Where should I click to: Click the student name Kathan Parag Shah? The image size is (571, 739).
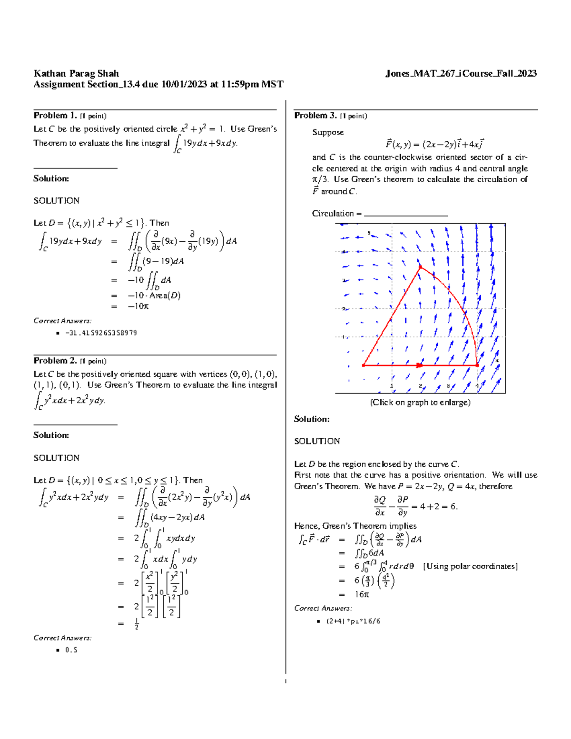(76, 73)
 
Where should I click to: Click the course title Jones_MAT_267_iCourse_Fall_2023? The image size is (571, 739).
(461, 73)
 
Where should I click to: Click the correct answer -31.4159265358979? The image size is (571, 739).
(101, 333)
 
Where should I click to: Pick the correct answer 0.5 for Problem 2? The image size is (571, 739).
(71, 650)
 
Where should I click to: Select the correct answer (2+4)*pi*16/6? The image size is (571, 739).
(353, 621)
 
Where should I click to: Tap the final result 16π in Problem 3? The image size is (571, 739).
(362, 594)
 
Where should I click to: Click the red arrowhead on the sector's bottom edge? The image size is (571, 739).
(419, 365)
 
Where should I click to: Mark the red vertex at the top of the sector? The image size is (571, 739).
(420, 267)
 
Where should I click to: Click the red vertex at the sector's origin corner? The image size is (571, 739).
(364, 365)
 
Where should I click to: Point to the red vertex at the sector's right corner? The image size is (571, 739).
(477, 365)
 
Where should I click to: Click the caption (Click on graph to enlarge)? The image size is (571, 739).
(420, 403)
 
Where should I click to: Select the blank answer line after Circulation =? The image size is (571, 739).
(405, 214)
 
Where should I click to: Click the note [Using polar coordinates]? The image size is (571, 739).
(470, 566)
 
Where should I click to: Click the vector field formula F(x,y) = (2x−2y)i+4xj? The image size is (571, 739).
(434, 144)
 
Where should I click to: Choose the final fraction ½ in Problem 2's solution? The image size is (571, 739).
(137, 624)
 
